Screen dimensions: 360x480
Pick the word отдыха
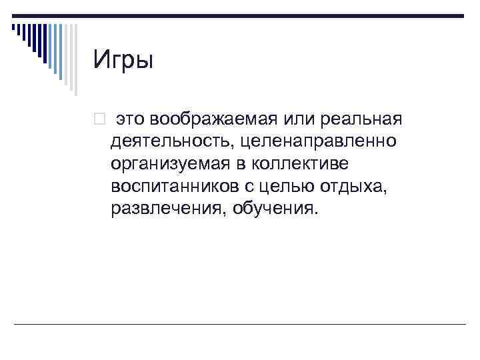pos(362,187)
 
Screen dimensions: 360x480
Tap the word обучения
pos(269,210)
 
